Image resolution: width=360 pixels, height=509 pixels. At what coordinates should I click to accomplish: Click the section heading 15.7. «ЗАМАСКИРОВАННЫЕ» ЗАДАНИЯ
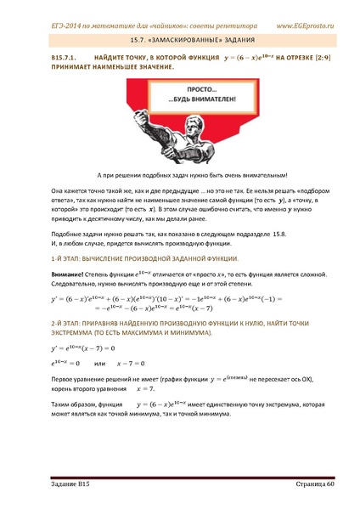(179, 39)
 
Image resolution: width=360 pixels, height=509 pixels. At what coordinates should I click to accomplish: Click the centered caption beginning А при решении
(180, 172)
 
